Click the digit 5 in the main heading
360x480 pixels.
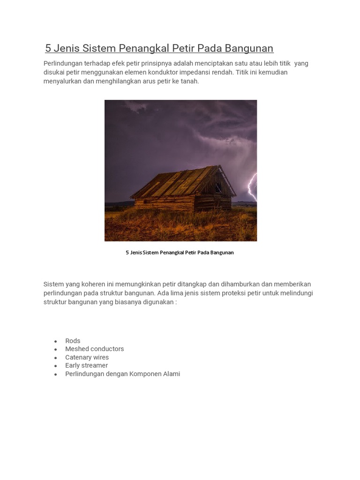click(48, 48)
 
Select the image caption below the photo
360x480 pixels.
click(180, 253)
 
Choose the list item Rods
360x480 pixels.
click(73, 341)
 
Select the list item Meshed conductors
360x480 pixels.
click(95, 349)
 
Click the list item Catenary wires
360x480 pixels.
click(87, 357)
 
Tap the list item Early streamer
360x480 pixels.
click(86, 365)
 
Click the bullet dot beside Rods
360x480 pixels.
click(56, 341)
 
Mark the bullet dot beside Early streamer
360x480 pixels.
click(56, 366)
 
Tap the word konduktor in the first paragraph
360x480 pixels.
click(154, 72)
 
